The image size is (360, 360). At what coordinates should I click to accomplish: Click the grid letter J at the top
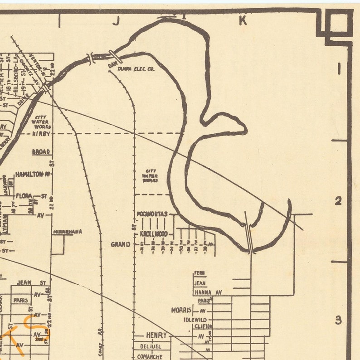(116, 22)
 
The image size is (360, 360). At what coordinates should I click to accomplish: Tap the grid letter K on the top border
(243, 20)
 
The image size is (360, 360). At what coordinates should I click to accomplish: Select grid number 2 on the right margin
(338, 201)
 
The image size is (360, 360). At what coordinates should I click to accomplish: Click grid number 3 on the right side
(338, 320)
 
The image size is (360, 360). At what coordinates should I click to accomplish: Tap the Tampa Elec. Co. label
(136, 69)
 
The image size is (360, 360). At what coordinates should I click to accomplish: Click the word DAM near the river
(112, 65)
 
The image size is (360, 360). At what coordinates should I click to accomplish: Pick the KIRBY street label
(41, 134)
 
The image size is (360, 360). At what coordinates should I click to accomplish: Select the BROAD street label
(41, 151)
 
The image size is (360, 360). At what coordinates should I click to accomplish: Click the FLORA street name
(24, 196)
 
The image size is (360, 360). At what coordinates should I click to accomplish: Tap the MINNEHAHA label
(68, 232)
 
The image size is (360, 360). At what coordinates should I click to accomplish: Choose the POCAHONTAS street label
(152, 214)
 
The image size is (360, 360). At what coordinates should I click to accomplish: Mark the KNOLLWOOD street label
(154, 234)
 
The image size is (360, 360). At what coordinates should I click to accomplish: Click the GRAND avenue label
(121, 244)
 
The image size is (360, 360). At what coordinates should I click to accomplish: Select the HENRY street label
(156, 335)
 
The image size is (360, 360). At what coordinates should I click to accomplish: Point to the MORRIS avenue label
(182, 311)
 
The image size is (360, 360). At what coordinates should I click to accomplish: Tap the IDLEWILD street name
(195, 319)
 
